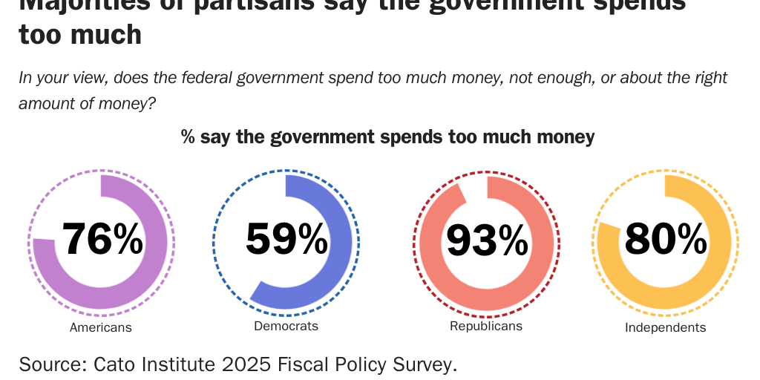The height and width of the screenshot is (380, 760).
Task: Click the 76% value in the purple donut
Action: click(x=102, y=240)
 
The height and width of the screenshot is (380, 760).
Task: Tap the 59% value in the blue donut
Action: click(x=286, y=239)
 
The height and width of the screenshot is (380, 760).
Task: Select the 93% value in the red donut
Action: click(x=486, y=240)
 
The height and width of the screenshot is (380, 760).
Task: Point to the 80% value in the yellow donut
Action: click(x=665, y=238)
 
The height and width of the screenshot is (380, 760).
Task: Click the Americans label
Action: click(x=100, y=327)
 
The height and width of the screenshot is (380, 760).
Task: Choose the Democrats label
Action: click(x=286, y=326)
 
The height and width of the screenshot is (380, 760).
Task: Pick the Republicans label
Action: click(x=486, y=326)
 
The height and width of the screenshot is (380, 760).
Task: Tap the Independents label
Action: click(x=665, y=327)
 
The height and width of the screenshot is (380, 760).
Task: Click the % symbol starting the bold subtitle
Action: click(x=189, y=137)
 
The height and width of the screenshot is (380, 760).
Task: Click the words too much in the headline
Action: click(x=80, y=34)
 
